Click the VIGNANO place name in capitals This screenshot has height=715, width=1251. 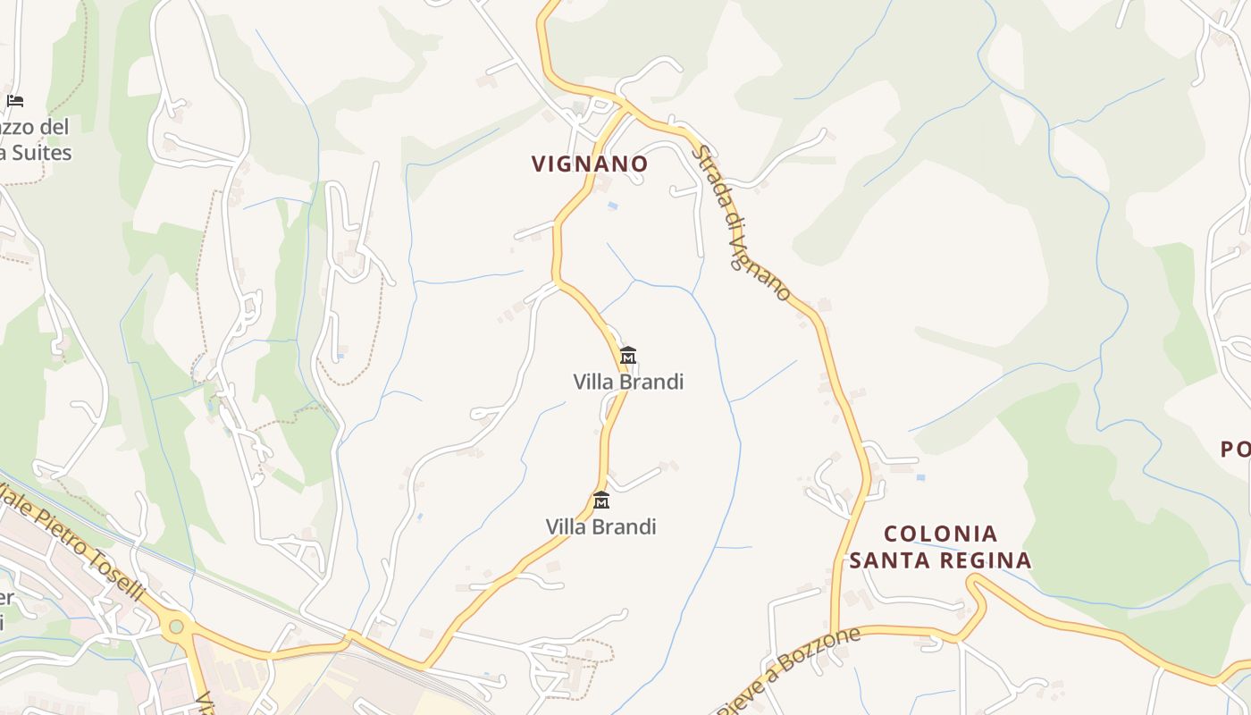[x=590, y=164]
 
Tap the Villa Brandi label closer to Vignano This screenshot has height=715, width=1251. [x=628, y=382]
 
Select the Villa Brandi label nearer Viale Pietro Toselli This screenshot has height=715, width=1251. [x=600, y=526]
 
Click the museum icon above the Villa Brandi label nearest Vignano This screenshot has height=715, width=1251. [x=628, y=356]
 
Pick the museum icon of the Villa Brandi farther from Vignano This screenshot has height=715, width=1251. [x=601, y=500]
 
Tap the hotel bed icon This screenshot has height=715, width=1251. [x=14, y=100]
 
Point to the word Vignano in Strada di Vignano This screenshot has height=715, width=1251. [x=761, y=265]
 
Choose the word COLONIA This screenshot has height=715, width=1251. [x=940, y=534]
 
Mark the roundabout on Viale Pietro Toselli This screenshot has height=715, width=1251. [x=176, y=626]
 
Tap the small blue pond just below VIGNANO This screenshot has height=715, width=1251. [x=612, y=206]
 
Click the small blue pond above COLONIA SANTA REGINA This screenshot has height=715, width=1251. [x=920, y=477]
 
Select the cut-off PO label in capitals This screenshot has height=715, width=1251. [x=1235, y=450]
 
